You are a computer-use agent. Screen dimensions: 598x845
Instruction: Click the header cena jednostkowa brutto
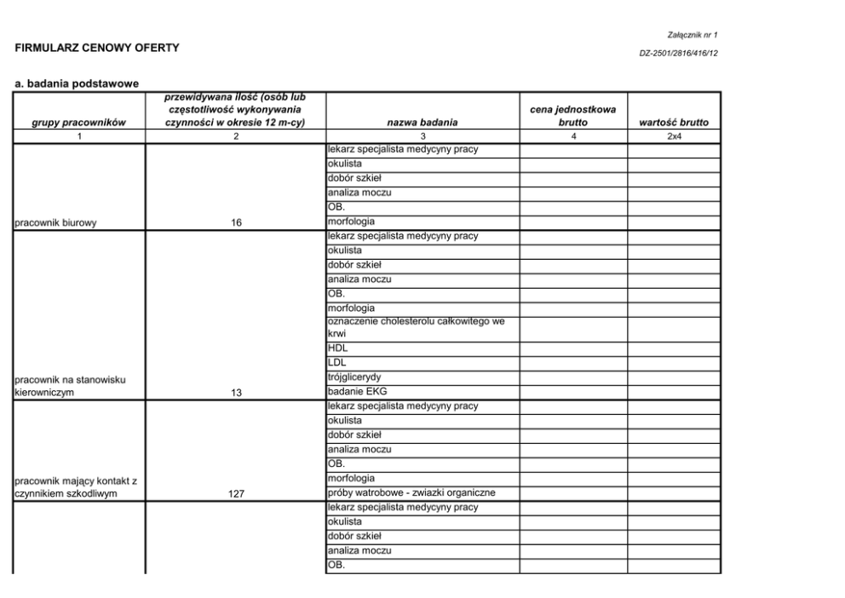coord(573,116)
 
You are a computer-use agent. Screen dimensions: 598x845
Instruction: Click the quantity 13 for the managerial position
coord(236,393)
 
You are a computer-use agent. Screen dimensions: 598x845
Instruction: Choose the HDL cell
coord(337,348)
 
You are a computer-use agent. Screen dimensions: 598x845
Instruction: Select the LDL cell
coord(336,363)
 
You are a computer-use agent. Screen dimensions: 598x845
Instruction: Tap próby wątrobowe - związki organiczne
coord(411,492)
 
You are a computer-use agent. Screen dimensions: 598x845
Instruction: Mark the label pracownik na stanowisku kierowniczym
coord(68,386)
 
